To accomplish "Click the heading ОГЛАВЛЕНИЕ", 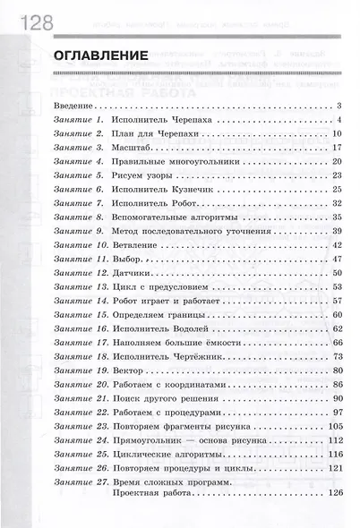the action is pos(99,56).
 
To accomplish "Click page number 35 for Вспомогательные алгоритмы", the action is pos(337,216).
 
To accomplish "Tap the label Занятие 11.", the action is pos(81,258).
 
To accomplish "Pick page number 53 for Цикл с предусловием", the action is pos(337,285).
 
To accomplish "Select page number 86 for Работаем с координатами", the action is pos(337,383).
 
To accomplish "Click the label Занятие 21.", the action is pos(81,397).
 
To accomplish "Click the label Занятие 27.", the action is pos(81,481).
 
